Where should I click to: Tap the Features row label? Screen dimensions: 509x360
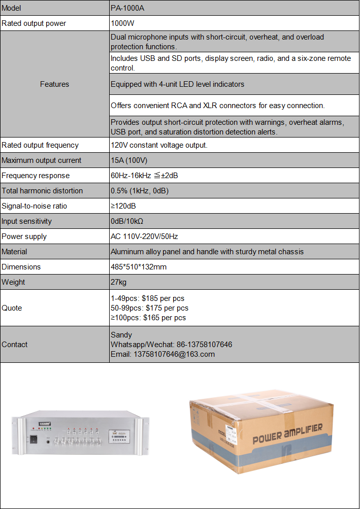(54, 84)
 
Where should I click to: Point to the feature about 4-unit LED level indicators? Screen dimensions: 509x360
(177, 84)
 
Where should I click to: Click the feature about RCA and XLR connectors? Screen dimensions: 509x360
(217, 106)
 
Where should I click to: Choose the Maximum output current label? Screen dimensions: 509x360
(41, 160)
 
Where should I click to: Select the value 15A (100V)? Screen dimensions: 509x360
(129, 160)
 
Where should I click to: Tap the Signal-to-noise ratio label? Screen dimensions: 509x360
(34, 206)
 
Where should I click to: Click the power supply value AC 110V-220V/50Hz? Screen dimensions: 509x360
(144, 236)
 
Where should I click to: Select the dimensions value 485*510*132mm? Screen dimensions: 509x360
(139, 267)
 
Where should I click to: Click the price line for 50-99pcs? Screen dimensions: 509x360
(149, 308)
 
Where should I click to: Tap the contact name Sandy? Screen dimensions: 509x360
(121, 335)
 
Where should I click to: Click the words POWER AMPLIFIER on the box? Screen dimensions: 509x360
(287, 434)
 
